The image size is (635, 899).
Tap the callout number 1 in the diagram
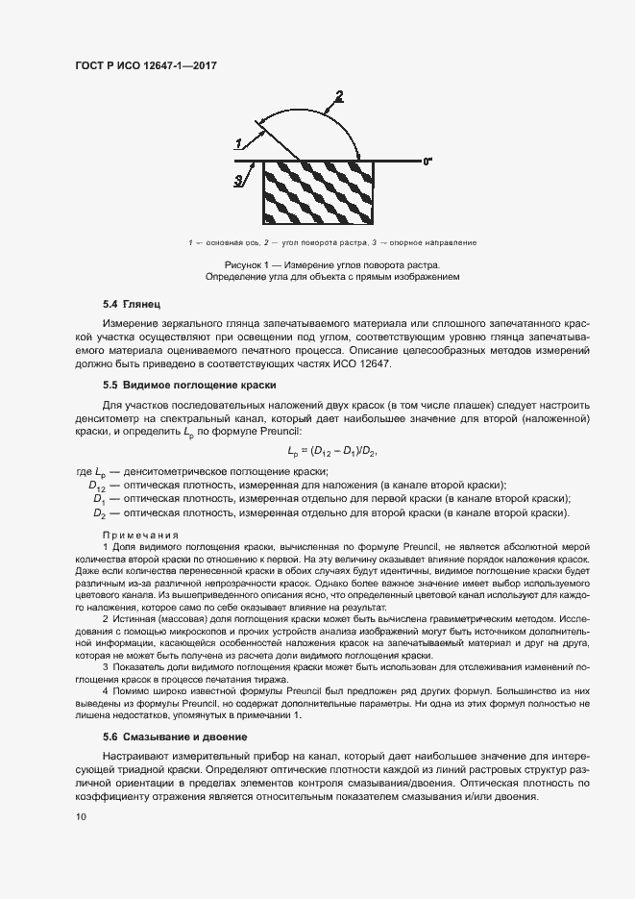[237, 142]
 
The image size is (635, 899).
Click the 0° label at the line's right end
[427, 162]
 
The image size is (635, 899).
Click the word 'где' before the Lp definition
[85, 471]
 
